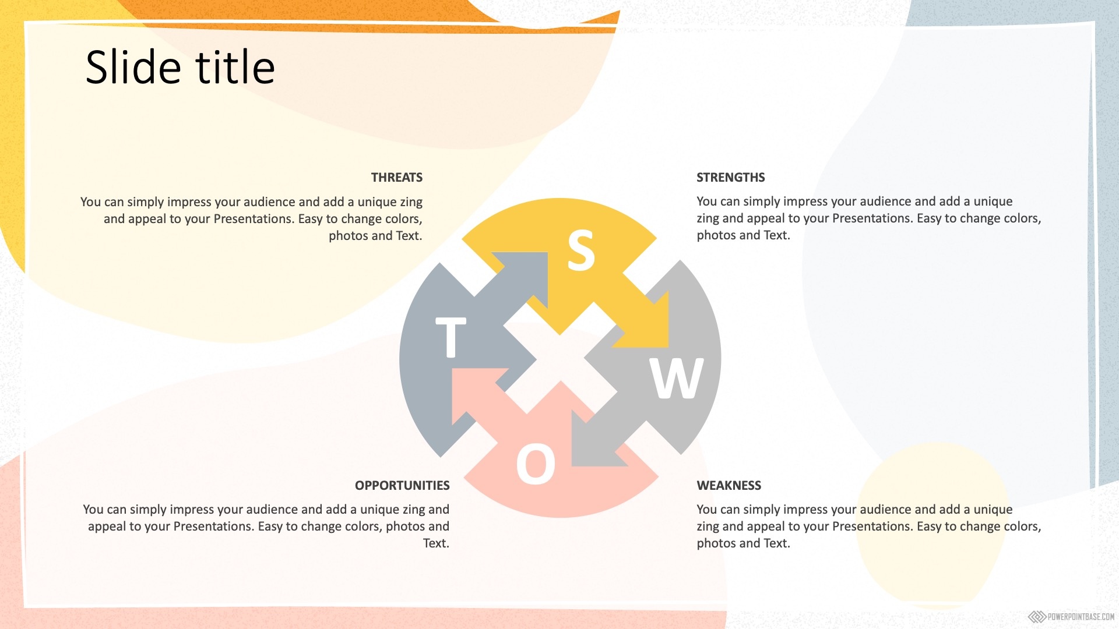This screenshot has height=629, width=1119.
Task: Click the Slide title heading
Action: point(180,67)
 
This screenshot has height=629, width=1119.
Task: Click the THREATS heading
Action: point(397,178)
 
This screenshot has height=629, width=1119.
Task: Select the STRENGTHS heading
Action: point(731,178)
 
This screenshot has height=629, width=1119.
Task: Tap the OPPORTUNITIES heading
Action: point(402,486)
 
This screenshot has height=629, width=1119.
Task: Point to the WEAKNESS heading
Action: point(729,486)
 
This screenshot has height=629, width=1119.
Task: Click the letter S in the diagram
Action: point(581,250)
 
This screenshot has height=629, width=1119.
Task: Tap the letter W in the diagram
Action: point(677,378)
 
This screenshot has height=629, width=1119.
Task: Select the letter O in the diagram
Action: point(536,464)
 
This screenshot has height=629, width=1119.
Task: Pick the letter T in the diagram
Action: point(451,337)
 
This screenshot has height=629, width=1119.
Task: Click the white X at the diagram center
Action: point(560,358)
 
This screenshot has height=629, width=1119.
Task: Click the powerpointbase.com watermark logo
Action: point(1071,617)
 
